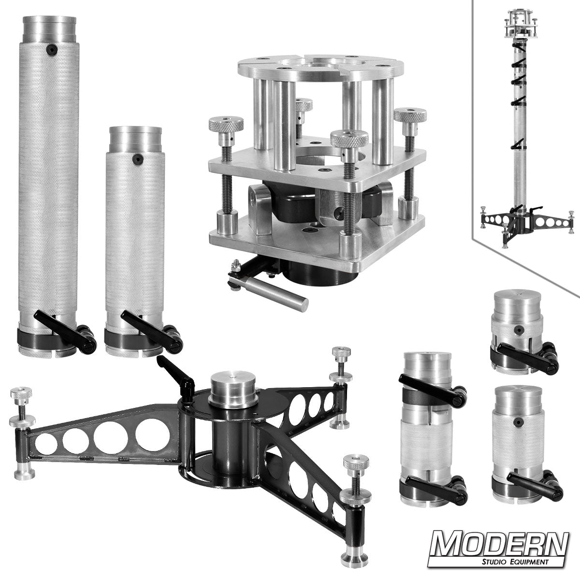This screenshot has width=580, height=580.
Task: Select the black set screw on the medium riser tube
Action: (138, 159)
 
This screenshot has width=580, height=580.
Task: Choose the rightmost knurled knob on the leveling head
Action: (410, 116)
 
